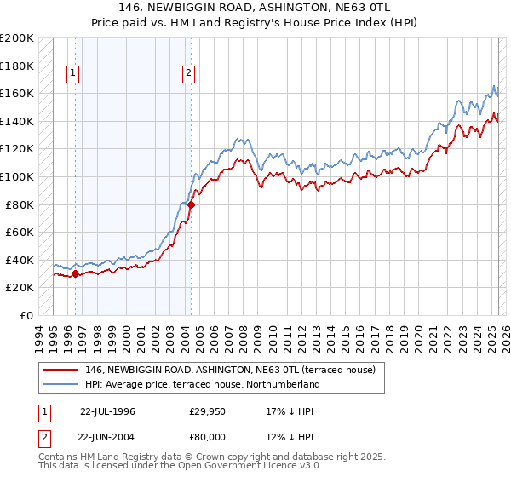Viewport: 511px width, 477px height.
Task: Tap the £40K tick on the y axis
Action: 20,260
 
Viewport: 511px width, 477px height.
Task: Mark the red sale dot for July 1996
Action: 75,273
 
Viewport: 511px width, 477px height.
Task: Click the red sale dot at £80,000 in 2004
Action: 191,204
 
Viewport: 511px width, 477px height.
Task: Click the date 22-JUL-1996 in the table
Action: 108,411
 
